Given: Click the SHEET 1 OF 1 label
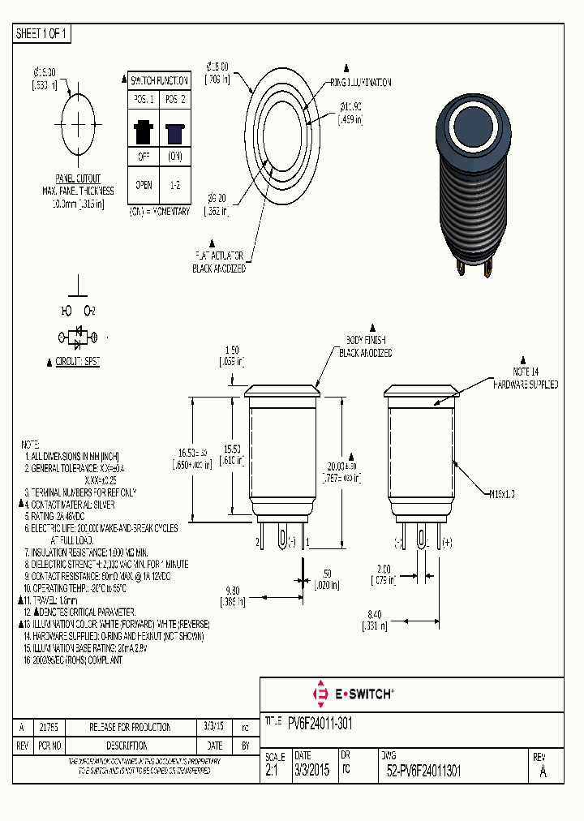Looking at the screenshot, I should click(42, 33).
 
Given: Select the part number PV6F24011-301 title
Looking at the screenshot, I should click(320, 722).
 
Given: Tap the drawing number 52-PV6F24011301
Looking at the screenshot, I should click(424, 772).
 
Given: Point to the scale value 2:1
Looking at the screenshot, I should click(271, 772).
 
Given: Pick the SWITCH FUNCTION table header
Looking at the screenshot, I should click(160, 80).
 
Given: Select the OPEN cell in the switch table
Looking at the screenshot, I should click(144, 184).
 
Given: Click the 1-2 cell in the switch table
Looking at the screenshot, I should click(174, 184).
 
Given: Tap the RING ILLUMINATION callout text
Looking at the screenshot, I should click(360, 83).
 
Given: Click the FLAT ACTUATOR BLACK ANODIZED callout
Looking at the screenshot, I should click(219, 261).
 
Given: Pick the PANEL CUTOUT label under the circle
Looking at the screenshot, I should click(78, 178).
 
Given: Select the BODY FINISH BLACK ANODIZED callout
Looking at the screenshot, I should click(364, 346).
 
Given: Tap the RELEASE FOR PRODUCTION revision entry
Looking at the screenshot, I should click(130, 727).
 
